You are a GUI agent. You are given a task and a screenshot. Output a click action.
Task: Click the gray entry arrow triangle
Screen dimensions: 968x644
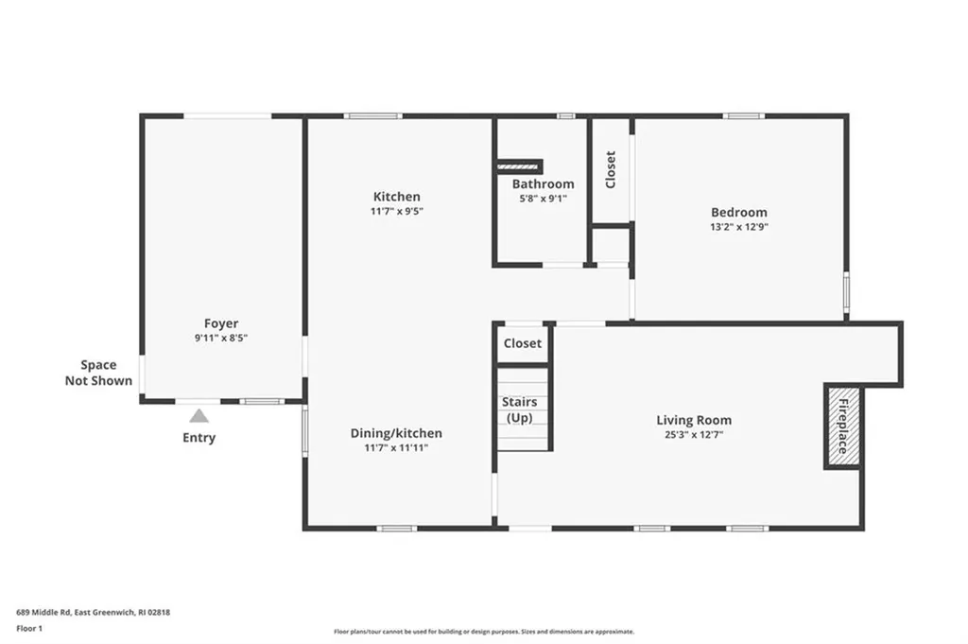[199, 416]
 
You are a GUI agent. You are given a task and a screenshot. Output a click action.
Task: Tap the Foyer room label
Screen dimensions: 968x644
[221, 323]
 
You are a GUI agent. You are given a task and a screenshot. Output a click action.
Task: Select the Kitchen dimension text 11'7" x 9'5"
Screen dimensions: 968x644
[397, 211]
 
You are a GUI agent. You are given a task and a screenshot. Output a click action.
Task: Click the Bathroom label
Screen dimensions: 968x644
[544, 184]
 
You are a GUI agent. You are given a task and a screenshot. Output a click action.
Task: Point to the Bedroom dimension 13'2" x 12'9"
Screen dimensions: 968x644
[739, 227]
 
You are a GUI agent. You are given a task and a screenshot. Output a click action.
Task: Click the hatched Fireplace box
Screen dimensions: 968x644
[843, 427]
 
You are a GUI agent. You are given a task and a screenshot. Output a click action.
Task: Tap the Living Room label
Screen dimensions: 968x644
[694, 421]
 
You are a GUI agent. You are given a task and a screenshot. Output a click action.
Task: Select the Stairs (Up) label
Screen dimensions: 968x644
[519, 410]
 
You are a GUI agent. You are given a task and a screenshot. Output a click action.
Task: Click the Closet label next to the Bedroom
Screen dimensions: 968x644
[611, 170]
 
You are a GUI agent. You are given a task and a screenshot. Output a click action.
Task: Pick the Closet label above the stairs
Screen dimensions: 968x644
[522, 343]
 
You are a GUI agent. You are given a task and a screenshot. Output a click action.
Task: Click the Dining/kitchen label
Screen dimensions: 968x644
[396, 433]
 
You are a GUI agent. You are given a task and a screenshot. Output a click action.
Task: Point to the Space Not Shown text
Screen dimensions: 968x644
[98, 373]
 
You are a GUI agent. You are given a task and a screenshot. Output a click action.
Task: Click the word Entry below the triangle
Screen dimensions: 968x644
[199, 438]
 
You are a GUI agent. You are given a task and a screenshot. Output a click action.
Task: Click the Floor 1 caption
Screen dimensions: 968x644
[29, 629]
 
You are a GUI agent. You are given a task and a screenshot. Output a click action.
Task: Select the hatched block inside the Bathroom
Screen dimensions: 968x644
[519, 166]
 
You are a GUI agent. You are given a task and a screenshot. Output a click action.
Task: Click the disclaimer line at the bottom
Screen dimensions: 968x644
[484, 632]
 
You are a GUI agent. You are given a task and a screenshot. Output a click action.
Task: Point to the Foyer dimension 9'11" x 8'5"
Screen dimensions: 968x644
[221, 339]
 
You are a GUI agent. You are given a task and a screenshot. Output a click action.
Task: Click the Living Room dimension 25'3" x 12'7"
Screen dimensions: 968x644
[694, 435]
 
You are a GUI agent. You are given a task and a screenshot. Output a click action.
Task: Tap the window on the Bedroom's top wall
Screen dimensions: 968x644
[744, 116]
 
